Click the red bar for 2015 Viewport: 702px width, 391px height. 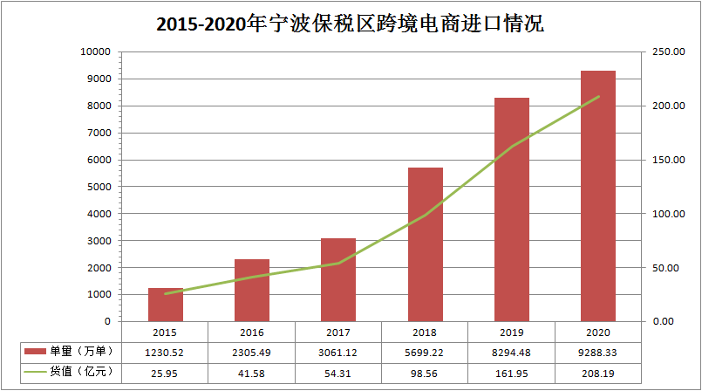[166, 305]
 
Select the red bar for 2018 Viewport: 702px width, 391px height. [426, 244]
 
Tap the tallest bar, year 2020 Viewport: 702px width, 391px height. [598, 196]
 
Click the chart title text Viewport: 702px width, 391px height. [350, 24]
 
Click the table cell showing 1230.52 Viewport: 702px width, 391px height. [166, 351]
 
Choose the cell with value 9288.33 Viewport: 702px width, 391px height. [598, 351]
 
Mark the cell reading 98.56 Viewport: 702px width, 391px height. [426, 372]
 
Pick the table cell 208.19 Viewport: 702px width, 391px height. [598, 372]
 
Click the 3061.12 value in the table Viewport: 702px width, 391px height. [338, 351]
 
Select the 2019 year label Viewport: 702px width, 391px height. [512, 333]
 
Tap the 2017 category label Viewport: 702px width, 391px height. [338, 333]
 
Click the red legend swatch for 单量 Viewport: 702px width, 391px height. [35, 351]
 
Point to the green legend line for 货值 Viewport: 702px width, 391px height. [35, 372]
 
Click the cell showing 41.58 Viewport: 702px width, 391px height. [252, 372]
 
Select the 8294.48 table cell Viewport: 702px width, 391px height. [512, 351]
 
